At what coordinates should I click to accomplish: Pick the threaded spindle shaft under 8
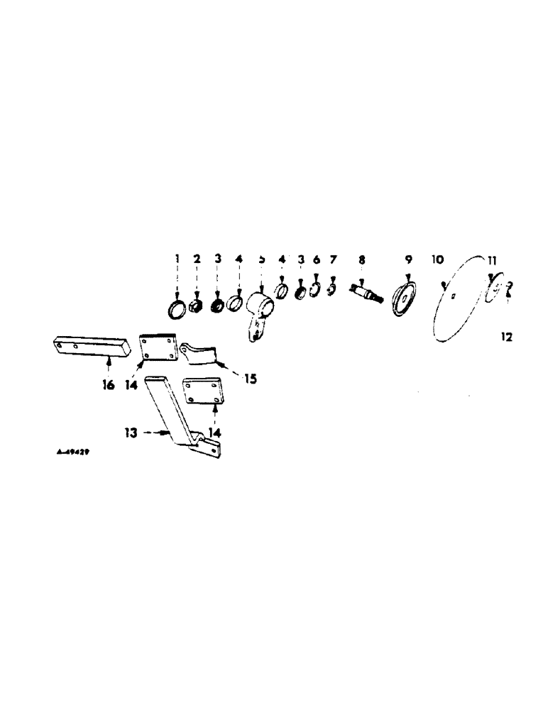tap(365, 292)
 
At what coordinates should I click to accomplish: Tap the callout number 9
tap(409, 260)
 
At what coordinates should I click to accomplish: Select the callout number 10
tap(437, 260)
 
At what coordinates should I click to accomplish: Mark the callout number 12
tap(506, 337)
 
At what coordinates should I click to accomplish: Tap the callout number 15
tap(250, 379)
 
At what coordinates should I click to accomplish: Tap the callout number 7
tap(331, 260)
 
